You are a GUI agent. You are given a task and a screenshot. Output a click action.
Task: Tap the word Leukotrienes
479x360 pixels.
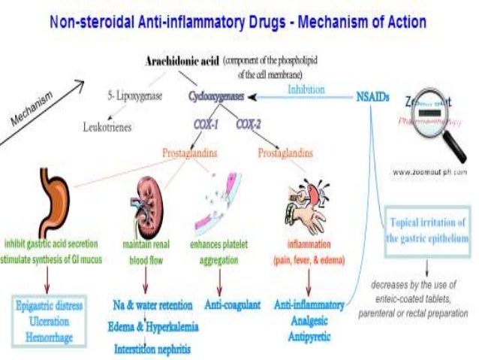(x=107, y=127)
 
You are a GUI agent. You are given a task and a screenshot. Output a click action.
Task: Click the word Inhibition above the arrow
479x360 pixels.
(x=306, y=89)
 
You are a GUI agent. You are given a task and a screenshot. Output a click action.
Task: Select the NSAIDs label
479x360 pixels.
(x=372, y=96)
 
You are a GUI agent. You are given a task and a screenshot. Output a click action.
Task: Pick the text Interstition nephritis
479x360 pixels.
(x=152, y=349)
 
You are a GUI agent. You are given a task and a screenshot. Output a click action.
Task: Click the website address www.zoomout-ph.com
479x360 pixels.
(x=429, y=171)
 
